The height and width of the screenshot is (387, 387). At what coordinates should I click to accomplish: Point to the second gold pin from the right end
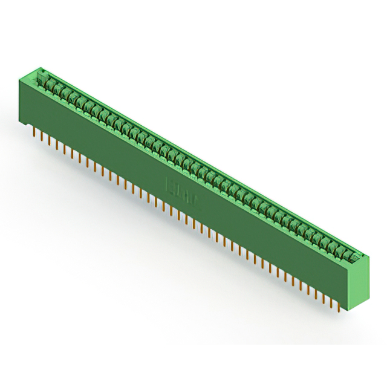point(331,302)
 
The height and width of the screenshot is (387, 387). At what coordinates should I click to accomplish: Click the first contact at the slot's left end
point(43,79)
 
